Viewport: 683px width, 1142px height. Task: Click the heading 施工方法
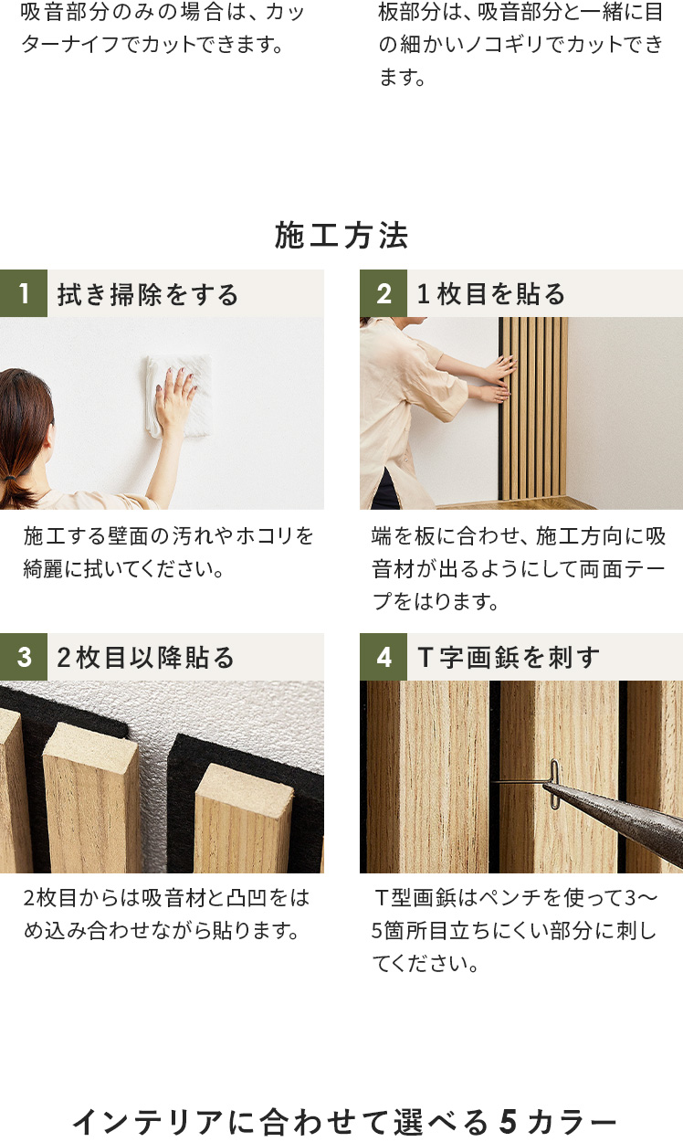pyautogui.click(x=341, y=236)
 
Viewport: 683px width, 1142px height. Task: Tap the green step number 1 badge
pyautogui.click(x=24, y=293)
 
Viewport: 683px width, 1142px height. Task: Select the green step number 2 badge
pyautogui.click(x=384, y=293)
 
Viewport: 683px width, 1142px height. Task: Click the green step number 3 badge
pyautogui.click(x=24, y=657)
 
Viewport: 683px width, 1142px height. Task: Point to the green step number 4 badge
pyautogui.click(x=384, y=657)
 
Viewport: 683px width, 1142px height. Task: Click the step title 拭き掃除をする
pyautogui.click(x=148, y=294)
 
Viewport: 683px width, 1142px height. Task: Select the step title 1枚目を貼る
pyautogui.click(x=491, y=294)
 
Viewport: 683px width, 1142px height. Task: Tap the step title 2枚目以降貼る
pyautogui.click(x=146, y=658)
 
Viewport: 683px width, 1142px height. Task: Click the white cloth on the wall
pyautogui.click(x=179, y=397)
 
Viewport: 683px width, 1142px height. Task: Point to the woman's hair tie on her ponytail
pyautogui.click(x=9, y=478)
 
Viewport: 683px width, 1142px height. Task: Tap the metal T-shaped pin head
pyautogui.click(x=554, y=784)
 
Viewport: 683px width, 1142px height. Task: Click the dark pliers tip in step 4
pyautogui.click(x=555, y=789)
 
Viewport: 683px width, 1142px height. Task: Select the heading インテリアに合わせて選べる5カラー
pyautogui.click(x=344, y=1122)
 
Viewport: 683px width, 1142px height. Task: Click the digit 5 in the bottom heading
pyautogui.click(x=509, y=1122)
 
